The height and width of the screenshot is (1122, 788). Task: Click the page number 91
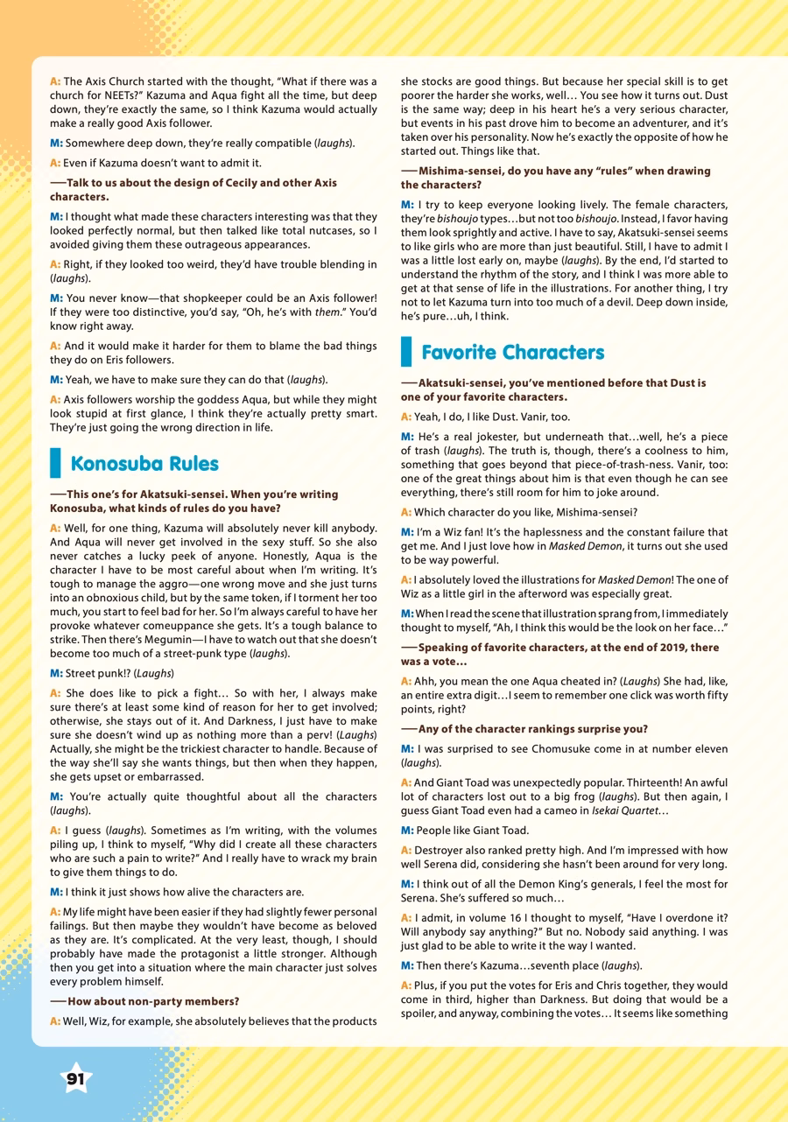pyautogui.click(x=76, y=1079)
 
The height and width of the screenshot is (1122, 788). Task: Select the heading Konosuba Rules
pyautogui.click(x=144, y=463)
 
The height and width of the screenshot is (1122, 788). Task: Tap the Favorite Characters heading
pyautogui.click(x=512, y=352)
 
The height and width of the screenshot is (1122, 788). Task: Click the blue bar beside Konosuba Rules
pyautogui.click(x=55, y=463)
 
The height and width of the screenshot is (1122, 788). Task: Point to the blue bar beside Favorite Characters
pyautogui.click(x=406, y=352)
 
